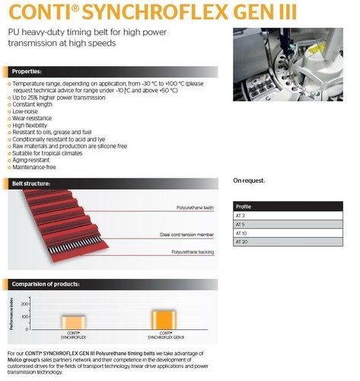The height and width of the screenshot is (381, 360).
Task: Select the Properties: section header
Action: point(28,71)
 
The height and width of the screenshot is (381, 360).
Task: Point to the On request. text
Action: point(250,181)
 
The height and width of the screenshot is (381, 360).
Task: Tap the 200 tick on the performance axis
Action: point(46,304)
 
